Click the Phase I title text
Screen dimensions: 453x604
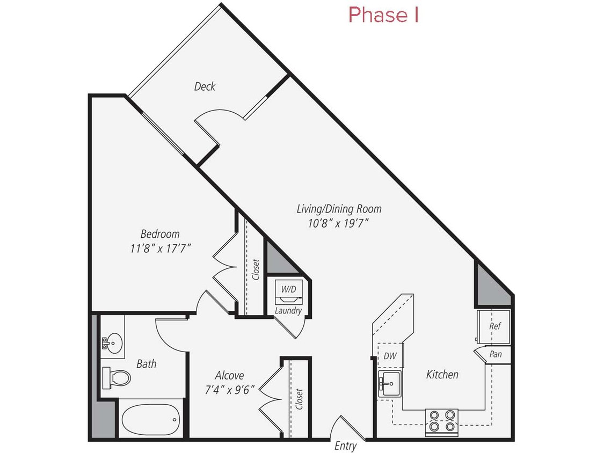383,15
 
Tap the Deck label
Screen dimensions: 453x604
205,86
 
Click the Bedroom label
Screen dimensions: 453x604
160,234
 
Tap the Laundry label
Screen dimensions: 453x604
288,311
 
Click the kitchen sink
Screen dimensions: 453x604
389,383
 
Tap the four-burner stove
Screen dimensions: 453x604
442,422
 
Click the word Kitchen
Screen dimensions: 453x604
442,375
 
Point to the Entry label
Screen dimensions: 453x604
345,445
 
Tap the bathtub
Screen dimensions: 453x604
150,419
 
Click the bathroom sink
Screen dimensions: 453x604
114,340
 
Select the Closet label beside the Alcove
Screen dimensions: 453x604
299,399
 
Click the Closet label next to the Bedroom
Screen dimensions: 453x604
255,269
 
